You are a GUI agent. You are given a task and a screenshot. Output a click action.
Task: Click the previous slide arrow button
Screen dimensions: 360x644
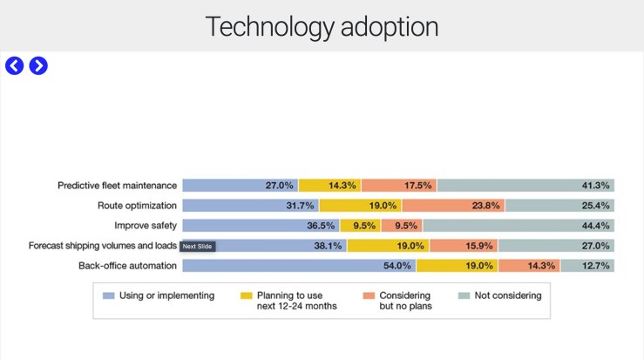[x=14, y=65]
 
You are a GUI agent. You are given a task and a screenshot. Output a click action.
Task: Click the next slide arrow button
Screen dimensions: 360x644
[x=38, y=65]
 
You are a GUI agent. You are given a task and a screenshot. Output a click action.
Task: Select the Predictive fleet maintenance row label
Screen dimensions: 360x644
[x=118, y=186]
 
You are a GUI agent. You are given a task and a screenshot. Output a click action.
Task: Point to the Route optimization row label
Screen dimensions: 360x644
[x=138, y=206]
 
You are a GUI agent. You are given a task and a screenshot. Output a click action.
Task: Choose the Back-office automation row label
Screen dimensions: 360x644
[x=128, y=266]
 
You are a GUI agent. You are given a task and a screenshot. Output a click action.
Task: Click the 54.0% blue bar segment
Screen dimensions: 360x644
[x=299, y=266]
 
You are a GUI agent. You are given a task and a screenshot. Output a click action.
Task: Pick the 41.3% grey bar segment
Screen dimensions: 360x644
[x=525, y=186]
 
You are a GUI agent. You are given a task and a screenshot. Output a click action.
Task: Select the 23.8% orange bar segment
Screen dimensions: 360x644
[x=453, y=206]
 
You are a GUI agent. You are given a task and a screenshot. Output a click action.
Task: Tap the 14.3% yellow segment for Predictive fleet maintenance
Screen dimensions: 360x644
[x=329, y=186]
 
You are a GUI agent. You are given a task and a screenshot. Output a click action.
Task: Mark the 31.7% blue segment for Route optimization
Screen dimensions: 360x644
[x=250, y=206]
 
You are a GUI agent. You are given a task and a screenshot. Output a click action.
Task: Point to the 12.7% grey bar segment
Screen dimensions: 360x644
[x=586, y=266]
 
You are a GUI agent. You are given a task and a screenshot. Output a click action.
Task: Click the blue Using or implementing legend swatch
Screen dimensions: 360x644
[x=108, y=296]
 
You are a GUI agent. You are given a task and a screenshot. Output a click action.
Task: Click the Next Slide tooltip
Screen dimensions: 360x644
[x=197, y=247]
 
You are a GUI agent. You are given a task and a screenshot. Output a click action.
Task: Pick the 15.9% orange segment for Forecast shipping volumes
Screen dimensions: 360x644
[x=464, y=246]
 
